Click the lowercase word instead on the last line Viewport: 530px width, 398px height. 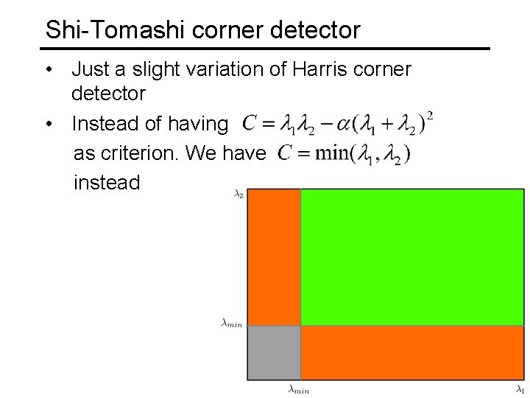(x=107, y=182)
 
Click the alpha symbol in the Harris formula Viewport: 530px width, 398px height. (x=337, y=125)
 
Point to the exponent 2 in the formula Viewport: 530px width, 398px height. (x=429, y=116)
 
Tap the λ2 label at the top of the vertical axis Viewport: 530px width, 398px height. (x=238, y=195)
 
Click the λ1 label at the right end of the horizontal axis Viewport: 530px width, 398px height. (x=520, y=388)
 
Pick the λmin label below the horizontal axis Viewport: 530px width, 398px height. (x=298, y=388)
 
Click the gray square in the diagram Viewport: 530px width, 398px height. (x=274, y=352)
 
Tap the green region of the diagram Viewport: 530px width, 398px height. (x=412, y=256)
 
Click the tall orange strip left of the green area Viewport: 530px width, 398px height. (x=274, y=256)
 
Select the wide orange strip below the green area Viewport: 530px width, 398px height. (x=412, y=352)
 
